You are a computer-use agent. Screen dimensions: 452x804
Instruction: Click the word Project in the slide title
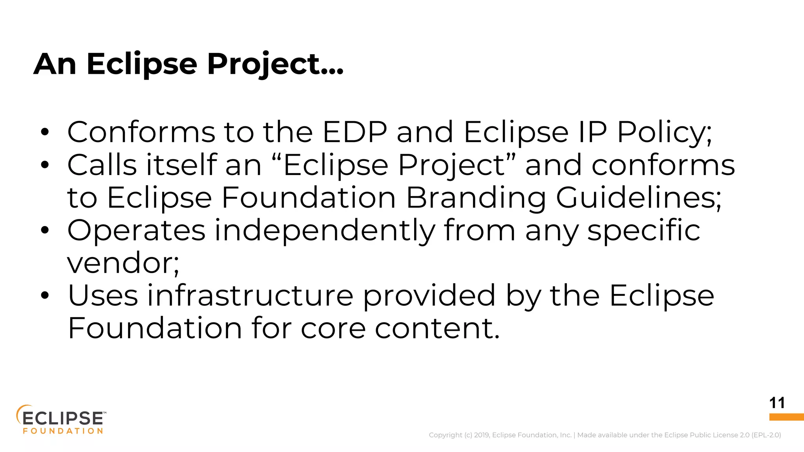point(275,64)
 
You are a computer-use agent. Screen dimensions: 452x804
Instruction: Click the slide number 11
point(777,403)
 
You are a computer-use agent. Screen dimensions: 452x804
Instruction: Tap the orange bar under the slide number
point(786,417)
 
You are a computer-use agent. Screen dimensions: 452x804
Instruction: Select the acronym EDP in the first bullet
point(354,132)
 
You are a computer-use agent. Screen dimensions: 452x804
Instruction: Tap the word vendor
point(122,263)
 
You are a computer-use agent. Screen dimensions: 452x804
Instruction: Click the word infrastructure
point(250,296)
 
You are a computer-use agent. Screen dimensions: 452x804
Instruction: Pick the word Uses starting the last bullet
point(103,296)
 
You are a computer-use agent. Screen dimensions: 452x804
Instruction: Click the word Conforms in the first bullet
point(141,132)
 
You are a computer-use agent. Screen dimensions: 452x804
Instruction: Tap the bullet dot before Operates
point(45,231)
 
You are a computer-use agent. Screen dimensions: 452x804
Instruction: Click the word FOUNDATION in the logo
point(63,431)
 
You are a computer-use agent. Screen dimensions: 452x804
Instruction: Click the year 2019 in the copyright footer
point(481,435)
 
